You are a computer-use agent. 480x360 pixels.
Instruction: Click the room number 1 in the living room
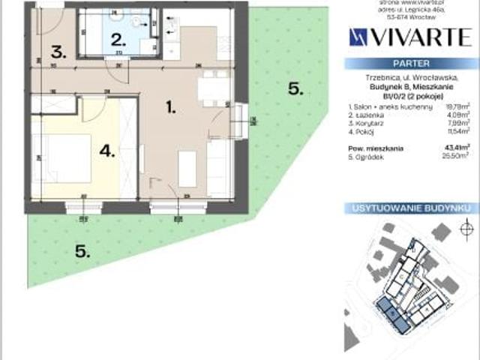(x=171, y=108)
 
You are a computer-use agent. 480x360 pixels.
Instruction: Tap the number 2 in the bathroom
(x=117, y=40)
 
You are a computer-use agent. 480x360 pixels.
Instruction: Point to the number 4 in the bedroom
(x=106, y=151)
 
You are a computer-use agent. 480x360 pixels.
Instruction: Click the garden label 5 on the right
(x=295, y=89)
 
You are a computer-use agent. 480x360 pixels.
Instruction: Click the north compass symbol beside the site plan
(x=466, y=228)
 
